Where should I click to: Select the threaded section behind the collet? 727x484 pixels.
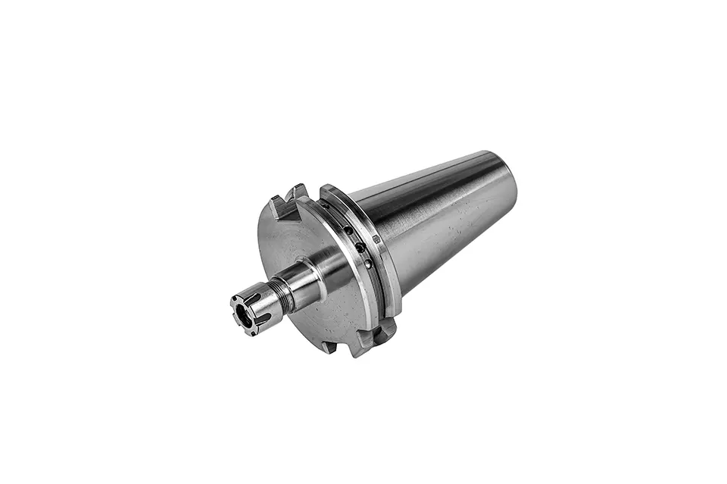click(285, 295)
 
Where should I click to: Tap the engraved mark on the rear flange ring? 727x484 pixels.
click(376, 239)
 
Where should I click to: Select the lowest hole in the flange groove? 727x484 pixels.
click(369, 264)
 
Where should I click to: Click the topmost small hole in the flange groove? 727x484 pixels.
click(328, 206)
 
